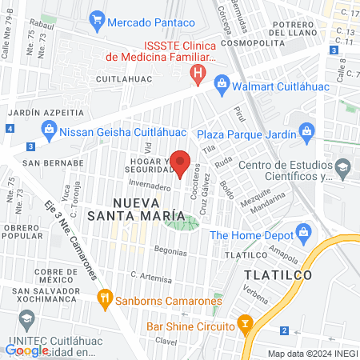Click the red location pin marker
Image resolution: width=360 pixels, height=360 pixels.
point(180,163)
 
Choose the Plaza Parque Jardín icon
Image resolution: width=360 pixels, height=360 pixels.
point(304,130)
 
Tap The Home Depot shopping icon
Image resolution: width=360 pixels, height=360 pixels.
point(302,234)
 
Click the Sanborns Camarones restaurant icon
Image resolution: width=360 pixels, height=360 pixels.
point(105,301)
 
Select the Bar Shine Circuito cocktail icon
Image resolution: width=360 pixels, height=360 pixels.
point(246,325)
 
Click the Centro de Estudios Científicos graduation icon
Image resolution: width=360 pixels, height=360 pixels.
point(343,166)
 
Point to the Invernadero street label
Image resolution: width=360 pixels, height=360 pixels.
point(149,186)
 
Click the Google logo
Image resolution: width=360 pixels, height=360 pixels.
point(24,350)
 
